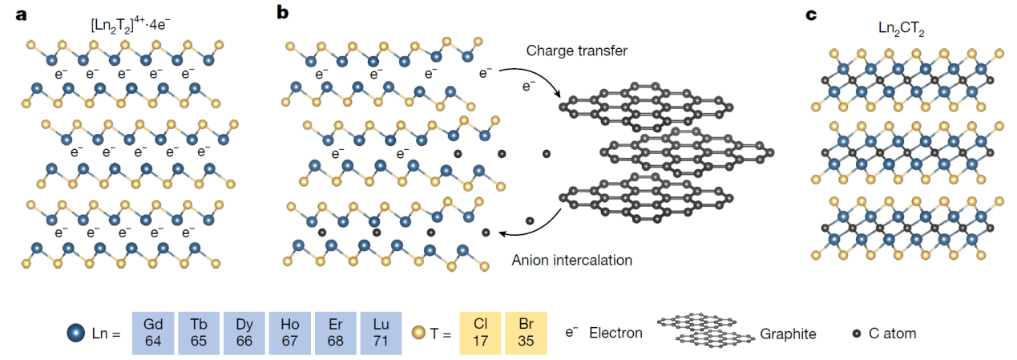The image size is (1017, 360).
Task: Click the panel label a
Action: click(x=21, y=15)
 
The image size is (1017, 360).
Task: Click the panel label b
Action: click(x=282, y=12)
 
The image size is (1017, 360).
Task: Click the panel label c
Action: click(x=811, y=15)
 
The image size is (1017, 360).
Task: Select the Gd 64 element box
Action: click(x=153, y=333)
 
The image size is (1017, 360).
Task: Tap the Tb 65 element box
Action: click(x=199, y=333)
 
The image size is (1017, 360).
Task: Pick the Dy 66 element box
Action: click(x=244, y=333)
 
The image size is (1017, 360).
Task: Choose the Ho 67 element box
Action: click(x=289, y=333)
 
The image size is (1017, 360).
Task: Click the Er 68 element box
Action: click(x=336, y=333)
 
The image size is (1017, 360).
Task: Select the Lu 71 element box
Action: click(x=381, y=333)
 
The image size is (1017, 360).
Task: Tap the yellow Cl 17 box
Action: click(x=480, y=333)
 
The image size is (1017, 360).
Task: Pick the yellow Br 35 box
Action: click(x=526, y=333)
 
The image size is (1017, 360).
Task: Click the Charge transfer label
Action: click(x=576, y=51)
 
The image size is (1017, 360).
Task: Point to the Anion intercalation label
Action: click(x=572, y=260)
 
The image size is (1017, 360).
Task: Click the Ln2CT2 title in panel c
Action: click(x=902, y=29)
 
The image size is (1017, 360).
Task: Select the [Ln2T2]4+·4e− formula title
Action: click(x=131, y=26)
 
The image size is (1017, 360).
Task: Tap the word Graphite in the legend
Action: click(x=788, y=334)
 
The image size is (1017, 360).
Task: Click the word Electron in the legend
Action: click(x=615, y=334)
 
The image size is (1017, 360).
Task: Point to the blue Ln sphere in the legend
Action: click(x=76, y=333)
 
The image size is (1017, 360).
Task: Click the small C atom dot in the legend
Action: click(x=857, y=334)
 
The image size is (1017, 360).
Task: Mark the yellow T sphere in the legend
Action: click(x=418, y=333)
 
